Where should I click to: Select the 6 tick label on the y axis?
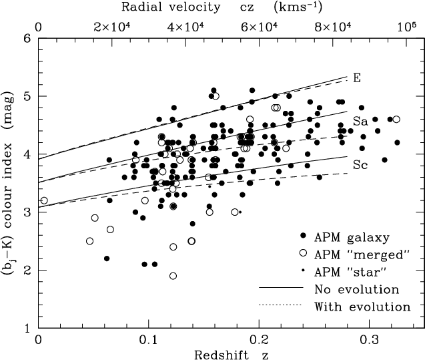click(x=27, y=38)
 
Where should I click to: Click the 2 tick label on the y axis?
click(x=27, y=271)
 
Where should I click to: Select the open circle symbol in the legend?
click(x=304, y=254)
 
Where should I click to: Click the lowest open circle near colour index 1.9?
click(x=173, y=276)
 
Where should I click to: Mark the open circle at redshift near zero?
click(x=44, y=200)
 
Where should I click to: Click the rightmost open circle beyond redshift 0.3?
click(x=396, y=119)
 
